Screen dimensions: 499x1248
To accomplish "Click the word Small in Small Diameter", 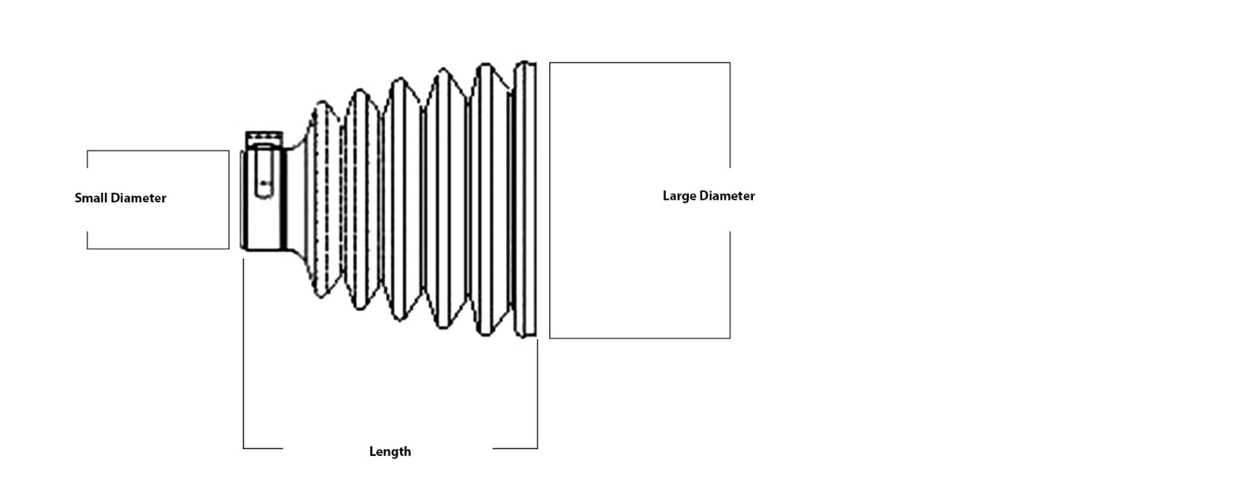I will pyautogui.click(x=91, y=199).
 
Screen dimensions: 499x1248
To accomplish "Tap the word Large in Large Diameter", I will pyautogui.click(x=679, y=196).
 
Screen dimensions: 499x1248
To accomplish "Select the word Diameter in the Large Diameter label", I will pyautogui.click(x=727, y=196).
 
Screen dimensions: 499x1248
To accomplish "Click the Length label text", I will pyautogui.click(x=390, y=452).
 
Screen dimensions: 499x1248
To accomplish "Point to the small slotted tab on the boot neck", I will pyautogui.click(x=264, y=179).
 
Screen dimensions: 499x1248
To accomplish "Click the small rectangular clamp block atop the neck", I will pyautogui.click(x=265, y=137).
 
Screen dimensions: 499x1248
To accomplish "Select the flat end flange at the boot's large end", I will pyautogui.click(x=526, y=200).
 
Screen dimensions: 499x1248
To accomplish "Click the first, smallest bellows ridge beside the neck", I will pyautogui.click(x=324, y=200).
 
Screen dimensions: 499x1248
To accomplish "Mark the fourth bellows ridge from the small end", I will pyautogui.click(x=445, y=200).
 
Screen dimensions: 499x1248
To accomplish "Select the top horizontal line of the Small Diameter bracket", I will pyautogui.click(x=158, y=151).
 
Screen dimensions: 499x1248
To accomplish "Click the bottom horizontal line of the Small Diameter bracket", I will pyautogui.click(x=158, y=248).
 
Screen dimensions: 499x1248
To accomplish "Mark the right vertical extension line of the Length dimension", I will pyautogui.click(x=537, y=391).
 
